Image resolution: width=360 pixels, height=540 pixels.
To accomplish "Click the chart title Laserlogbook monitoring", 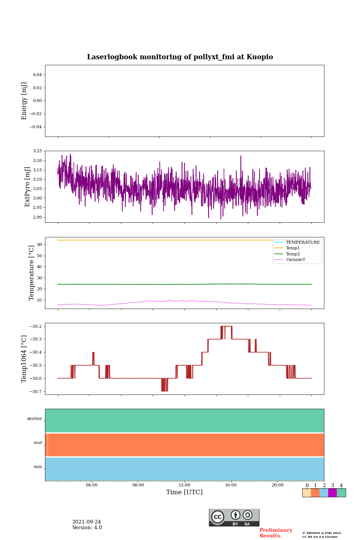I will click(x=180, y=57).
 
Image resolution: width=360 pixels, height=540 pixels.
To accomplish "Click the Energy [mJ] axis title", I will click(x=24, y=101).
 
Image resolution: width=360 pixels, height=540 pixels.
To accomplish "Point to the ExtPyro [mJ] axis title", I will click(x=27, y=187).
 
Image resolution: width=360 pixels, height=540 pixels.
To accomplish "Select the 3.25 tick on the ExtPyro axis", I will click(x=37, y=151).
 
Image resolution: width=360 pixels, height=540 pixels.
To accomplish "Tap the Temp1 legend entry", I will click(x=293, y=248).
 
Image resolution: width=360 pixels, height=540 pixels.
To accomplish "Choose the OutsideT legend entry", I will click(x=295, y=260).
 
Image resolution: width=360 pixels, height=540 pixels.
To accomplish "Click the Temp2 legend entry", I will click(x=293, y=254).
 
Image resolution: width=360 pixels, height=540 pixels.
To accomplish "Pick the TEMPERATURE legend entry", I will click(x=303, y=243).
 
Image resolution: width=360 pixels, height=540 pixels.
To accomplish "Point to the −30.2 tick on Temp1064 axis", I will click(x=34, y=326).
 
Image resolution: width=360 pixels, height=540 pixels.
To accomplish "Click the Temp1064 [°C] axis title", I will click(x=24, y=359).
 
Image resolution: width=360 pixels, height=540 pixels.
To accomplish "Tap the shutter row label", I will click(x=34, y=419).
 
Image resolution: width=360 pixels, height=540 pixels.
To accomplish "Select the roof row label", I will click(x=38, y=443).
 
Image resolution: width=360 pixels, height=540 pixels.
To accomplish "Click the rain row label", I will click(x=38, y=467).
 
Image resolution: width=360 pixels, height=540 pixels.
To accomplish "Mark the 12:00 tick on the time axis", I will click(x=184, y=485).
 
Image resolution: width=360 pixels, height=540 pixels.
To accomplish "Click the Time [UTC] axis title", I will click(x=184, y=492).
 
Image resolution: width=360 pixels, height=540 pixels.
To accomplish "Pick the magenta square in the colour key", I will click(x=332, y=493).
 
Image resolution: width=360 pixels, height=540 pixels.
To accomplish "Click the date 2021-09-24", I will click(x=87, y=522).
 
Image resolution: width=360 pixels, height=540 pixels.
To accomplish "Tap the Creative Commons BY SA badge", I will click(x=234, y=517).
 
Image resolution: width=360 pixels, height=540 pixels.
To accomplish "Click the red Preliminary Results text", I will click(x=276, y=533).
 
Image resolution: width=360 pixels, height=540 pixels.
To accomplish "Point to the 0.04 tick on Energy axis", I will click(x=37, y=75).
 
